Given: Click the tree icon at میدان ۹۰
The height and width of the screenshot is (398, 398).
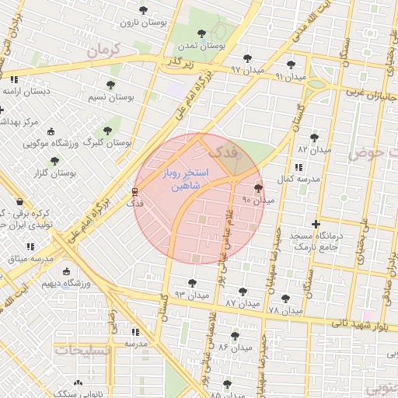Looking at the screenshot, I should (258, 188).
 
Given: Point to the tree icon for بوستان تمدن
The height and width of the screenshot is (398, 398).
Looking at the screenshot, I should (202, 33).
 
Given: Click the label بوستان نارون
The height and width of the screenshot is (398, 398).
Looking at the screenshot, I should (141, 24).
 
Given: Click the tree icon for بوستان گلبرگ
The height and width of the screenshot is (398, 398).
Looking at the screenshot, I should (107, 131).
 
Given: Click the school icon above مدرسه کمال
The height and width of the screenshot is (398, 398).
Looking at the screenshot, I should (299, 167).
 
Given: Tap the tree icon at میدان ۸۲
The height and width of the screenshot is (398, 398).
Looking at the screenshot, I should (314, 137).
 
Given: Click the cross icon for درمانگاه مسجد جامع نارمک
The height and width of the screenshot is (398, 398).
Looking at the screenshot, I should (315, 225).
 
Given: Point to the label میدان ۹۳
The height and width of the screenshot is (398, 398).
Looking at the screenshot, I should (191, 295).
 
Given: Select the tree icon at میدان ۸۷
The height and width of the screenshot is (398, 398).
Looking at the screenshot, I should (243, 292).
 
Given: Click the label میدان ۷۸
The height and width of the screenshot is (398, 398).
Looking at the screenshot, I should (285, 311).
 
